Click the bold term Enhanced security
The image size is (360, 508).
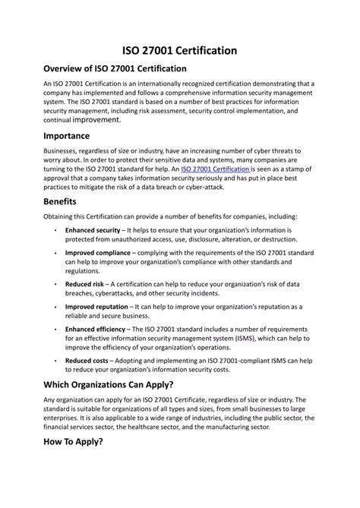pos(92,229)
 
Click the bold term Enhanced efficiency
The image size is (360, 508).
pos(94,329)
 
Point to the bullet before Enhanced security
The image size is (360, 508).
pos(55,229)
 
